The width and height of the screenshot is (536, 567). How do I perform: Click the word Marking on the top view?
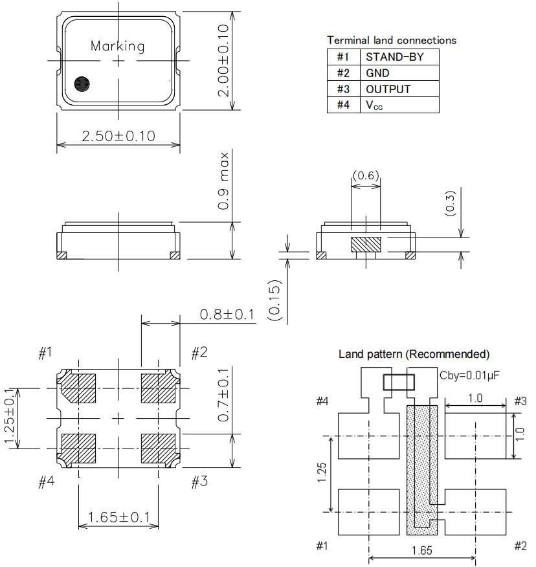(x=117, y=46)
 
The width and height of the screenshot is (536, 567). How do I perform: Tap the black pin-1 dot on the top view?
(x=82, y=83)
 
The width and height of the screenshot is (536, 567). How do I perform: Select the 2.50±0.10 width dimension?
(x=118, y=136)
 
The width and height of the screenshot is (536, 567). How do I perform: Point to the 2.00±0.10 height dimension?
(x=223, y=61)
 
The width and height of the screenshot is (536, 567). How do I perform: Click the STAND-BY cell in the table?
(x=394, y=57)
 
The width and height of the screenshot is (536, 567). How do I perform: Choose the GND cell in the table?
(x=377, y=73)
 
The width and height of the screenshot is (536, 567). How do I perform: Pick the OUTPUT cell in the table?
(x=388, y=89)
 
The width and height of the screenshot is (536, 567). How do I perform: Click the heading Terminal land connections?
(x=391, y=40)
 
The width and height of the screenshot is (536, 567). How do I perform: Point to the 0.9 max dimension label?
(x=224, y=181)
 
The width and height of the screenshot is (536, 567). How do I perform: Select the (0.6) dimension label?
(x=366, y=176)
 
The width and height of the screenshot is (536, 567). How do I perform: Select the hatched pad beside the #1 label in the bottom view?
(x=78, y=387)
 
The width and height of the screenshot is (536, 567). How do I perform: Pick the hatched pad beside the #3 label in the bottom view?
(x=157, y=446)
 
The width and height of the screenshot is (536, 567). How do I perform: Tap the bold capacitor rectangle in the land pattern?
(x=397, y=383)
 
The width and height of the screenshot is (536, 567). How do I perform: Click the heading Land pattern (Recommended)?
(x=414, y=355)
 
